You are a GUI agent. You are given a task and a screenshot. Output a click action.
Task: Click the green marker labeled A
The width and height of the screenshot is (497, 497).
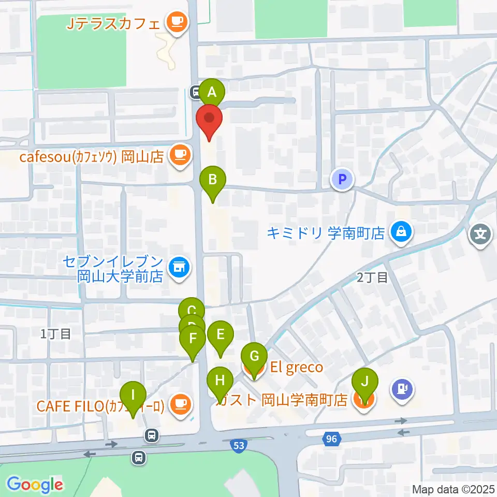tap(212, 93)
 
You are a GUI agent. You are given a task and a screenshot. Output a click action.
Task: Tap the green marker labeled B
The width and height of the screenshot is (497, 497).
tap(212, 181)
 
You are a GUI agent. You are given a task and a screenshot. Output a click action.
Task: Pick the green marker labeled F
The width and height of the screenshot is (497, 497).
tap(193, 339)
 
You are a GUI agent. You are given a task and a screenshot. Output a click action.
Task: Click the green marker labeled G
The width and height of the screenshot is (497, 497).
tap(254, 357)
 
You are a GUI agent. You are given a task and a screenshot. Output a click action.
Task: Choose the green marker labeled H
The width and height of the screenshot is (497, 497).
tap(220, 382)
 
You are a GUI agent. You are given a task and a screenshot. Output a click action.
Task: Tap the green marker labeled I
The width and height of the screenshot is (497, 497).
tap(134, 395)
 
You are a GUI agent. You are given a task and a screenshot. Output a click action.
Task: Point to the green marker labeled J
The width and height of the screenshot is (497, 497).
tap(364, 383)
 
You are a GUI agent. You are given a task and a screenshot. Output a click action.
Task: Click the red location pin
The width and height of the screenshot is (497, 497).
tap(210, 119)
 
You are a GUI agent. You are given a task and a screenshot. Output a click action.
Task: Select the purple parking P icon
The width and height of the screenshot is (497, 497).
tap(341, 180)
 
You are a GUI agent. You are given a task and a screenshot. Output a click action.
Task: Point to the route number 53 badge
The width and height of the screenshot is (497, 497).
tap(238, 446)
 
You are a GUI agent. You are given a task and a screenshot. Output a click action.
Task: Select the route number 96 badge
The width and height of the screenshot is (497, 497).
tap(331, 440)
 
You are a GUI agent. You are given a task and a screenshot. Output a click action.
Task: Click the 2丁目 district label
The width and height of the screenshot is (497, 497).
tap(372, 278)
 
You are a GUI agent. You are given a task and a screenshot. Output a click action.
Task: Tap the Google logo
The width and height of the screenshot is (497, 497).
tap(35, 485)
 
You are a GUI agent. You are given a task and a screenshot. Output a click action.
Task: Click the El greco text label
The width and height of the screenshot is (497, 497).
tap(296, 368)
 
